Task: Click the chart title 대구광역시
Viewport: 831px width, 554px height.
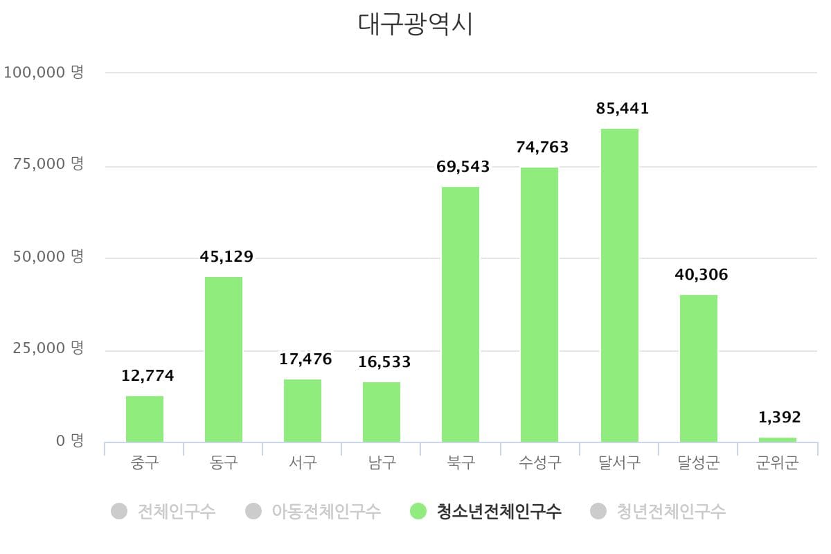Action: click(415, 24)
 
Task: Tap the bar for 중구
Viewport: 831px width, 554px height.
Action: click(144, 419)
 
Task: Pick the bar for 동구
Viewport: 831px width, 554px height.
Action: click(224, 359)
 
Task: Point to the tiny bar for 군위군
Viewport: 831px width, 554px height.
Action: click(777, 440)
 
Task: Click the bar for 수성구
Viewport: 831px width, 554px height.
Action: click(539, 305)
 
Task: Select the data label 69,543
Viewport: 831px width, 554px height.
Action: click(463, 167)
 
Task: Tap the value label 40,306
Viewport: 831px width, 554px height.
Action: click(701, 275)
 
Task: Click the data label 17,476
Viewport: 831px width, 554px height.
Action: click(305, 359)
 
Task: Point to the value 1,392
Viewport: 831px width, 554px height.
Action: click(779, 418)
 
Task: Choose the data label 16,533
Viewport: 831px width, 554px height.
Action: click(384, 362)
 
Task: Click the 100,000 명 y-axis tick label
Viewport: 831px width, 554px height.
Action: click(44, 72)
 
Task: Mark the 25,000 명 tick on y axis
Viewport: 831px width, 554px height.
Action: click(48, 348)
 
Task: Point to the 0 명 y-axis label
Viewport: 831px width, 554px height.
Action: click(68, 441)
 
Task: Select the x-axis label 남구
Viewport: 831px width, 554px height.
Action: click(382, 463)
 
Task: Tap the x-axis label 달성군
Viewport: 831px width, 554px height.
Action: click(698, 463)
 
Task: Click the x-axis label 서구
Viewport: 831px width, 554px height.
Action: click(303, 463)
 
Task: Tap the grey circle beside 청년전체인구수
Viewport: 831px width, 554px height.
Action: click(598, 512)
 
